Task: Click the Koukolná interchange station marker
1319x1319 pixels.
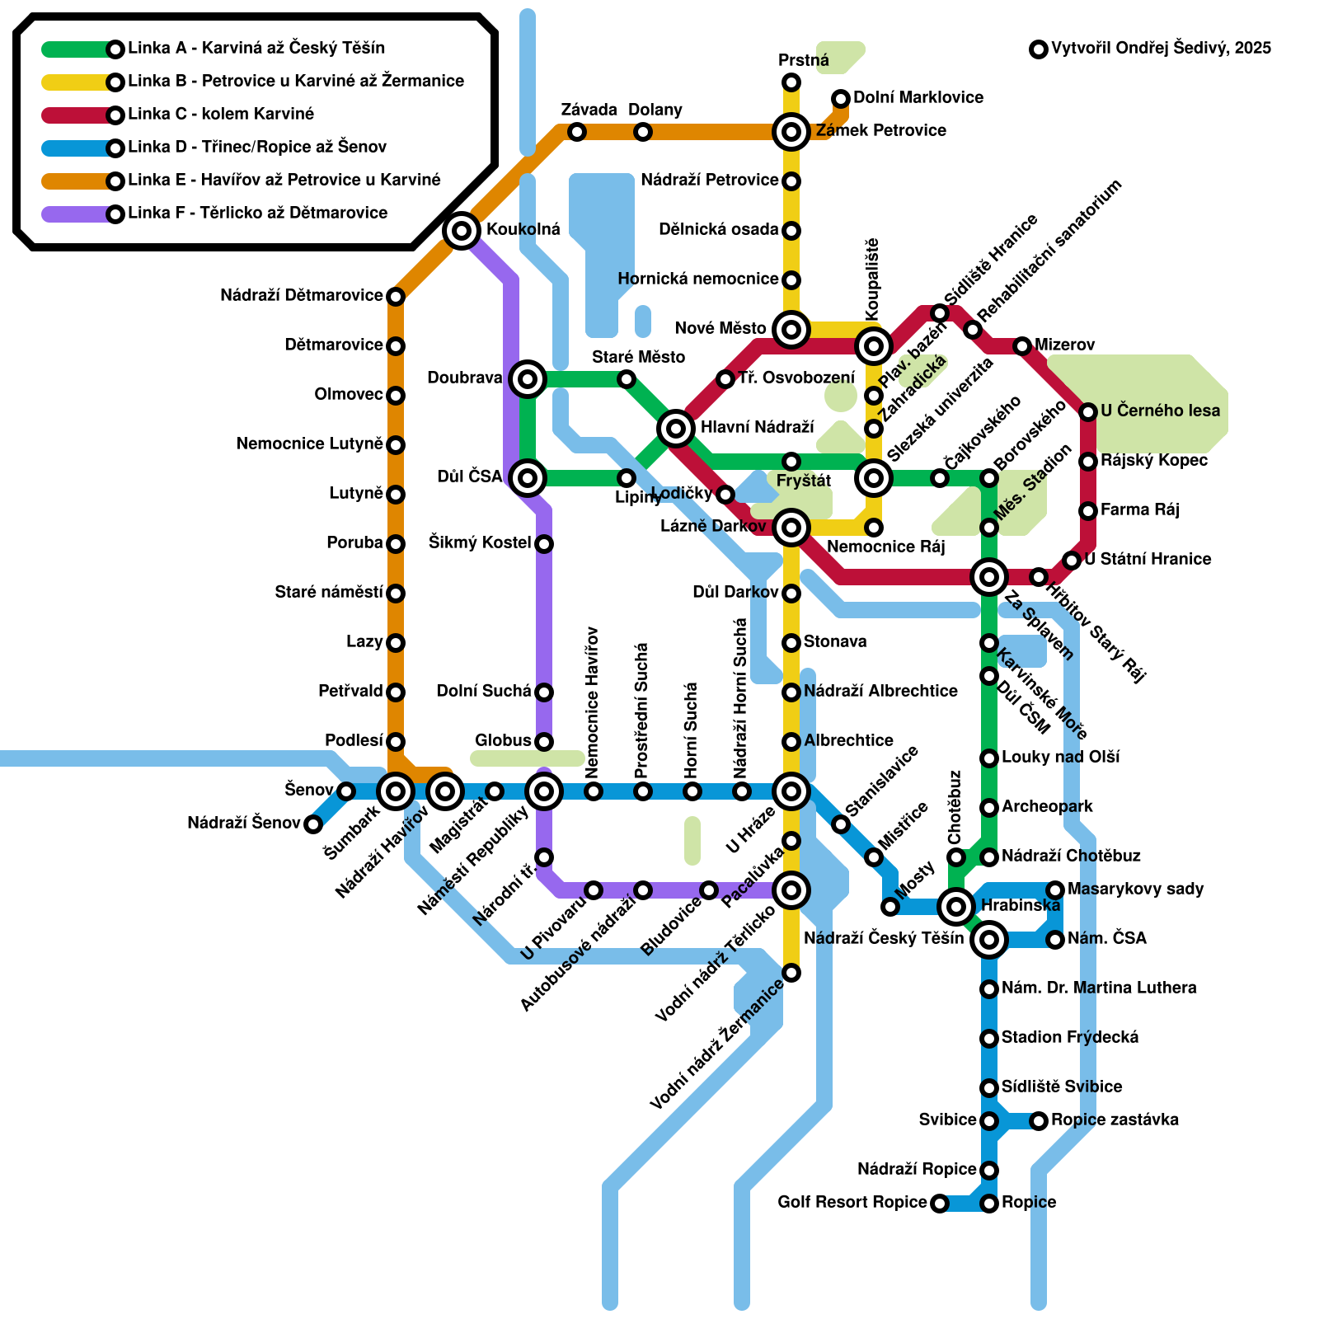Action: tap(462, 230)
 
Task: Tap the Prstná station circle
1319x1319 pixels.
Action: tap(791, 82)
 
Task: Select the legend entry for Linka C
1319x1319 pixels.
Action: tap(221, 114)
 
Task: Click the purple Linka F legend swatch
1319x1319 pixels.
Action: tap(76, 214)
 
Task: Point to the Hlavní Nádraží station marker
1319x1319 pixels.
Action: tap(676, 428)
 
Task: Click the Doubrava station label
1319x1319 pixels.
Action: tap(464, 378)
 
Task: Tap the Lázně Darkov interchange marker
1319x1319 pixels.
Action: tap(791, 527)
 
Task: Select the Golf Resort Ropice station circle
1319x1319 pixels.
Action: tap(939, 1204)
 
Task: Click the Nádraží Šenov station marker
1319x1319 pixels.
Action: tap(313, 824)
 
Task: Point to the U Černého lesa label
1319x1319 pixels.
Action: tap(1160, 411)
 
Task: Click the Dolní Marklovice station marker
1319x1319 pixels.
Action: tap(841, 99)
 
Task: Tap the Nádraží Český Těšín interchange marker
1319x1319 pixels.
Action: tap(989, 939)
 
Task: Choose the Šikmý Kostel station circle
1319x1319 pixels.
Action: tap(544, 543)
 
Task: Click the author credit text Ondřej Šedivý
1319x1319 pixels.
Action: tap(1161, 48)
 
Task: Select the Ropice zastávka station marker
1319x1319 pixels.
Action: tap(1039, 1120)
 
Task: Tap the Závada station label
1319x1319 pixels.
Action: tap(589, 110)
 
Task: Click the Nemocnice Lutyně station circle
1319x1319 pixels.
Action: tap(396, 444)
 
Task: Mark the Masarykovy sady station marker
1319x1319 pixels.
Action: tap(1055, 890)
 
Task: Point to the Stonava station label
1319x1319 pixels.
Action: tap(834, 641)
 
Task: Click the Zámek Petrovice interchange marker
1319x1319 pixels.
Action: tap(791, 131)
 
